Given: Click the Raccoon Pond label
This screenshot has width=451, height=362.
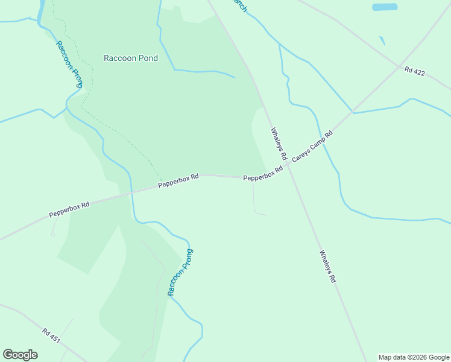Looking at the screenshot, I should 131,59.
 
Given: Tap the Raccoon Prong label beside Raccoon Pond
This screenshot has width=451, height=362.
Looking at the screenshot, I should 69,65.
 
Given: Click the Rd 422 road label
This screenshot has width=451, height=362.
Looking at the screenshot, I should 415,72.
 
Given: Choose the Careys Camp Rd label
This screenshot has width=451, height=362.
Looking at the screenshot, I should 312,147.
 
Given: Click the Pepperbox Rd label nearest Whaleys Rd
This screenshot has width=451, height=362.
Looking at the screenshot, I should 263,175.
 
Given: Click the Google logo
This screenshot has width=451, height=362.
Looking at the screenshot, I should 20,355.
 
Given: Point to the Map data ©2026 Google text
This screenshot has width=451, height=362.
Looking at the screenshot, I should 414,357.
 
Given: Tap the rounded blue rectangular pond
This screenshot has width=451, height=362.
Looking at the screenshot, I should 385,7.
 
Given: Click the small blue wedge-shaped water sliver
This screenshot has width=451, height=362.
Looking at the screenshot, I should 382,41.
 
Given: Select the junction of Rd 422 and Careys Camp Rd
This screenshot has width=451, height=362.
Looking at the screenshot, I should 352,112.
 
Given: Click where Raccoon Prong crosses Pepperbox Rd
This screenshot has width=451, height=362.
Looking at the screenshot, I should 131,192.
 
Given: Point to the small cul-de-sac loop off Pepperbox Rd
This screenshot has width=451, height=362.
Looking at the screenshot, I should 52,234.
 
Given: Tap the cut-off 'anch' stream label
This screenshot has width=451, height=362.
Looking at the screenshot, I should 241,6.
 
